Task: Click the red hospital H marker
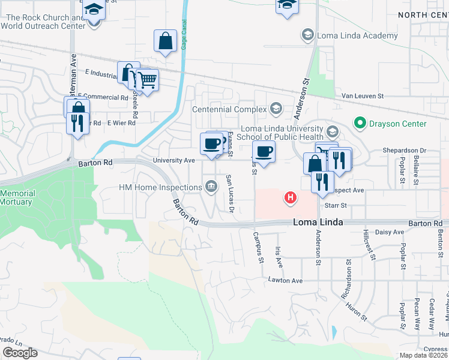coord(291,197)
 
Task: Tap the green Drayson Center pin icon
coord(360,124)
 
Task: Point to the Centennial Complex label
coord(229,109)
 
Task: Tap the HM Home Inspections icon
coord(211,187)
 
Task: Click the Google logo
coord(20,353)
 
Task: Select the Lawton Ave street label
coord(285,280)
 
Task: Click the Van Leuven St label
coord(362,96)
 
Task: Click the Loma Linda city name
coord(318,222)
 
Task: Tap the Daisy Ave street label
coord(390,232)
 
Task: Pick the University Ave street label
coord(174,161)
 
